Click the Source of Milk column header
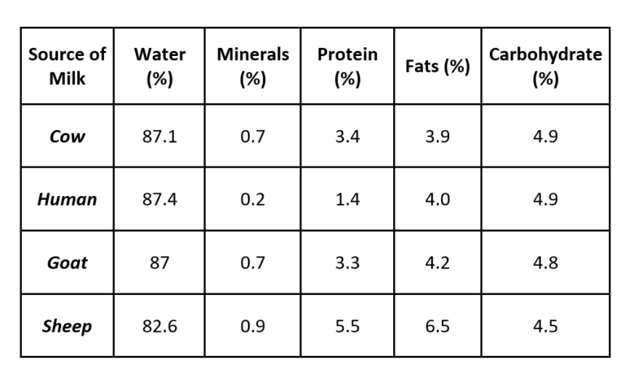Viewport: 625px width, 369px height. pos(67,67)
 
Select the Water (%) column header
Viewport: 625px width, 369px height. pos(160,67)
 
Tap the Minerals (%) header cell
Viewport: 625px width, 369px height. pos(252,67)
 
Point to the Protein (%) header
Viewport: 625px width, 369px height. pos(347,67)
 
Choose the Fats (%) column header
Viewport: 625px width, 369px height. pos(438,67)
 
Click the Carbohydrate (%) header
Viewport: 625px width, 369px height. pos(545,67)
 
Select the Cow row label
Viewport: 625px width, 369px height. pos(67,137)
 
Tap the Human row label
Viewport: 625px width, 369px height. pos(67,200)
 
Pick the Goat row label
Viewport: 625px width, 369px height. pos(67,263)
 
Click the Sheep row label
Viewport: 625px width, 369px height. pos(67,327)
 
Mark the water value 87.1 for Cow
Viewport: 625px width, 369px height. pos(160,137)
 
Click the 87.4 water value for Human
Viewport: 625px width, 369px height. pos(160,200)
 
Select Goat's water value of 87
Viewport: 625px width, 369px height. pos(160,263)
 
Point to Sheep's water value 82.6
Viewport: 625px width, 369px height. pos(160,327)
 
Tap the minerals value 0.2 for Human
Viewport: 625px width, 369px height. pos(252,200)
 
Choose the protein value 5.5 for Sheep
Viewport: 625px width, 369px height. pos(347,327)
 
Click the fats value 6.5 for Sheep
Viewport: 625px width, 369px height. pos(438,327)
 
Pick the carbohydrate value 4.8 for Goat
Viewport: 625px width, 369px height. pos(545,263)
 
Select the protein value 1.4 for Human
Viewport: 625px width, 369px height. pos(347,200)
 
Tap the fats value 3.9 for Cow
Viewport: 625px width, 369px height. pos(438,137)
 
